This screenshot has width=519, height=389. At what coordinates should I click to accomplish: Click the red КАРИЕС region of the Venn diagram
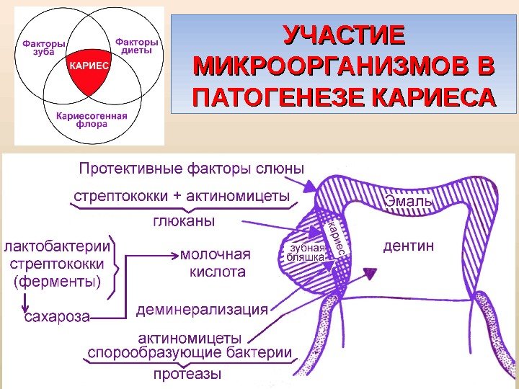[x=89, y=71]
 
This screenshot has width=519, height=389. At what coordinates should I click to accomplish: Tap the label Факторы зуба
[x=44, y=48]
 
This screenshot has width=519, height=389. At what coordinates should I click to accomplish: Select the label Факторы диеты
[x=136, y=46]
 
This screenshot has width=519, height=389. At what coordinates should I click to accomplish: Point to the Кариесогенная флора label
[x=92, y=120]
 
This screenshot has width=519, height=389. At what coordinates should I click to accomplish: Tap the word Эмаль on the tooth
[x=409, y=201]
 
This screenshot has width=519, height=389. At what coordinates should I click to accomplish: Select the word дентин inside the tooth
[x=408, y=246]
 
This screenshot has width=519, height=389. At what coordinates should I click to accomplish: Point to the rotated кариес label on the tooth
[x=336, y=238]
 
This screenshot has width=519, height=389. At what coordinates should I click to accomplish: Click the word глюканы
[x=184, y=221]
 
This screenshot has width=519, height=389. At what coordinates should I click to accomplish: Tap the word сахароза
[x=57, y=317]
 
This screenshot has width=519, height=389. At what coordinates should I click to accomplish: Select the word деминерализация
[x=202, y=310]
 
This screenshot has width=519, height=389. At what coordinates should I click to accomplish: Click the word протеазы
[x=187, y=374]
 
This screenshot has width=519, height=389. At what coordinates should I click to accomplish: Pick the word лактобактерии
[x=57, y=246]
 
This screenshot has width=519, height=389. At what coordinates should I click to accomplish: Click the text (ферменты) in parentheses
[x=57, y=282]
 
